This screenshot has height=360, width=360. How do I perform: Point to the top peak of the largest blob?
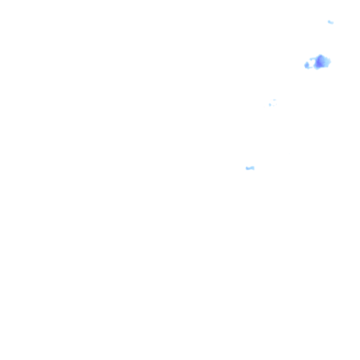click(x=320, y=55)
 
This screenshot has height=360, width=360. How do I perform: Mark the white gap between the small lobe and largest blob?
click(x=312, y=63)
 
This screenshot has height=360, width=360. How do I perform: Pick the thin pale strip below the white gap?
click(x=311, y=67)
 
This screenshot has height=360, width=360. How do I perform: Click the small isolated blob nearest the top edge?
click(x=330, y=22)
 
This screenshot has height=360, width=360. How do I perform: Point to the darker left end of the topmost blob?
click(x=329, y=21)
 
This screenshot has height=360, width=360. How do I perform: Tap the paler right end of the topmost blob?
click(x=332, y=23)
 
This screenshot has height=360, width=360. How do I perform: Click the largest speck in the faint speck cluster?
click(x=270, y=105)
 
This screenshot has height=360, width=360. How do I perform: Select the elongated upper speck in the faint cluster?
click(x=274, y=100)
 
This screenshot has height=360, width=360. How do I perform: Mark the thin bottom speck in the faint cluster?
click(x=274, y=106)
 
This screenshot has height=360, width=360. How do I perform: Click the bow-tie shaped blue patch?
click(x=250, y=168)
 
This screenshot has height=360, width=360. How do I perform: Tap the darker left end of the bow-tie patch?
click(x=247, y=168)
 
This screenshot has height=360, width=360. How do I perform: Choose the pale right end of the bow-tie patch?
click(x=253, y=168)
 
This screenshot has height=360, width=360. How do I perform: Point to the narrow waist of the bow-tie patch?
click(x=250, y=168)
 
